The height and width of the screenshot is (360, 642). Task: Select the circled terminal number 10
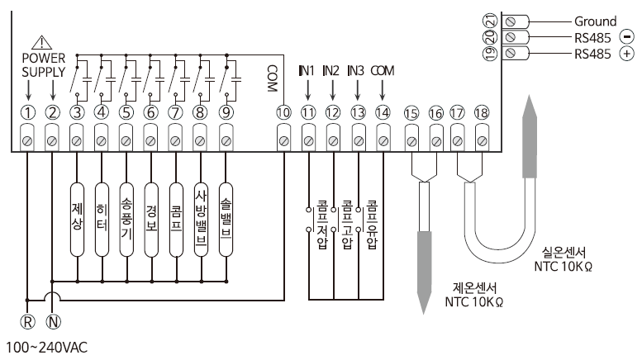pos(283,112)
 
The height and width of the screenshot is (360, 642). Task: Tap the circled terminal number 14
pos(382,112)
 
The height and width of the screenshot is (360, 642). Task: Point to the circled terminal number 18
pos(482,112)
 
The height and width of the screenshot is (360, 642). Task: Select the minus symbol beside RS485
pos(626,37)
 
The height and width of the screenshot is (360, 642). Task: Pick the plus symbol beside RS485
pos(626,54)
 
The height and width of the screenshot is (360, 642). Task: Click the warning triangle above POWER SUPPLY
pos(40,42)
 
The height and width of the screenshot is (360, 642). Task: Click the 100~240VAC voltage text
pos(46,348)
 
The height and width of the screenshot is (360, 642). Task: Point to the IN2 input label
pos(331,71)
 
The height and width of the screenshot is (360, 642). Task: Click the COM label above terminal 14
pos(383,71)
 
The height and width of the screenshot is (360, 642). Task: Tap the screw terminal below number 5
pos(126,141)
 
